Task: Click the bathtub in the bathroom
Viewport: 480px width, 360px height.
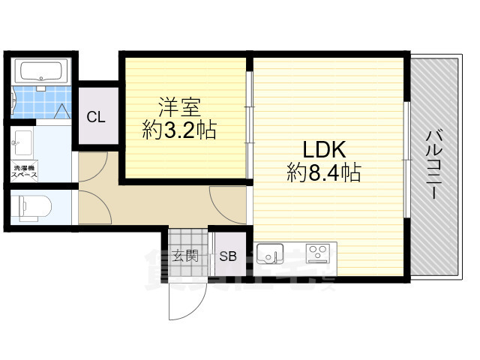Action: click(43, 73)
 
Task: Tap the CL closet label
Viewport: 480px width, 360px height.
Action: click(95, 116)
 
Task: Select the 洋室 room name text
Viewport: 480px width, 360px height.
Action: click(178, 104)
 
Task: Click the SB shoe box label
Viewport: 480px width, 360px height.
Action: click(227, 256)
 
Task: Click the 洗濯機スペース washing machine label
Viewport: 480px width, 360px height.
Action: click(25, 171)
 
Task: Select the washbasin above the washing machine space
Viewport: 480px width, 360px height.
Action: click(23, 140)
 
